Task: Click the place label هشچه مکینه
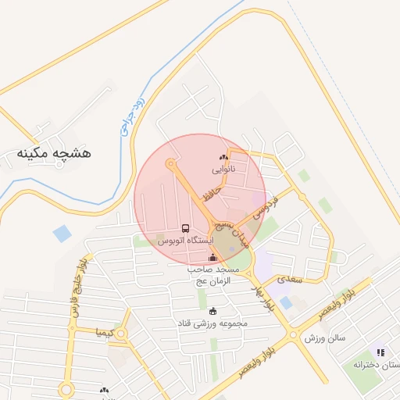point(54,153)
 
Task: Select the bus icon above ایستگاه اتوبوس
point(185,229)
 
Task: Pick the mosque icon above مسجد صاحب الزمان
point(212,257)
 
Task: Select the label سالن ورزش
point(324,338)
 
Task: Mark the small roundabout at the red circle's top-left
point(170,162)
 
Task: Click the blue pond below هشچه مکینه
point(62,233)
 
